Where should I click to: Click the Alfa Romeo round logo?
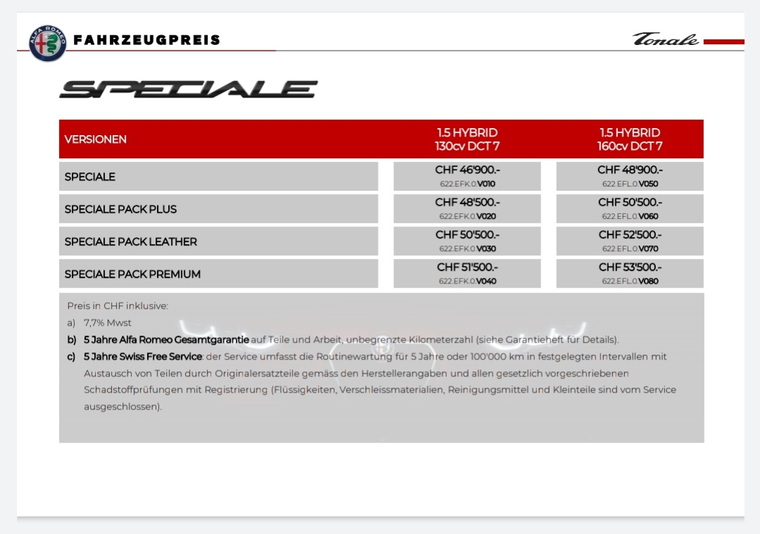[x=47, y=43]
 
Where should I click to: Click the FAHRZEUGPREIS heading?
[x=147, y=40]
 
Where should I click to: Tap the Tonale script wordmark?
[x=665, y=39]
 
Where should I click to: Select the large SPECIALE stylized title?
[x=189, y=89]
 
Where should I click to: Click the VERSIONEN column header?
[x=96, y=139]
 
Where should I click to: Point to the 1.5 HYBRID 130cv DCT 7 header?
[x=467, y=139]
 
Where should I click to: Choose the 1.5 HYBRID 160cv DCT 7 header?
[x=630, y=139]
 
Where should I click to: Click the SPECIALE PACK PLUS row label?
[x=120, y=209]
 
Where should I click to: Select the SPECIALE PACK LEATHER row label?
[x=131, y=241]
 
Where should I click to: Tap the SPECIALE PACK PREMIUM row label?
[x=132, y=274]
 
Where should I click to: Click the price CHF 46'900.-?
[x=467, y=170]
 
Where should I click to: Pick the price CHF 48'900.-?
[x=630, y=170]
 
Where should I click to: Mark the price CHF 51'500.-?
[x=467, y=267]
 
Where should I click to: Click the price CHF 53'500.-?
[x=630, y=267]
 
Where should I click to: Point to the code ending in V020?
[x=467, y=217]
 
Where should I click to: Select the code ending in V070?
[x=630, y=249]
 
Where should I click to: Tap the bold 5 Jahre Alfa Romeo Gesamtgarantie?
[x=166, y=340]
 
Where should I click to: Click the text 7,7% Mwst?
[x=108, y=323]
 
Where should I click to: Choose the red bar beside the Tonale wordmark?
[x=723, y=42]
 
